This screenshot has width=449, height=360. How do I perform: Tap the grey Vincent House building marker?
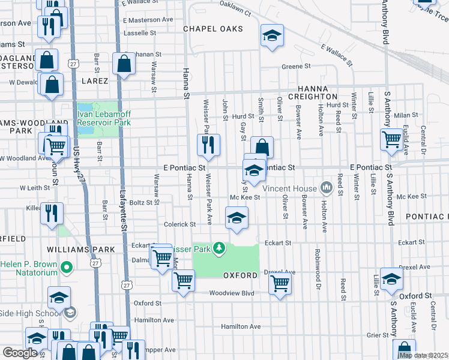tap(327, 188)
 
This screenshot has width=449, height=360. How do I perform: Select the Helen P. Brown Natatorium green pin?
tap(67, 266)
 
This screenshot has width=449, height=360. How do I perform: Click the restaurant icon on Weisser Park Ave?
tap(208, 144)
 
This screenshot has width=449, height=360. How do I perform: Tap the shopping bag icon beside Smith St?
tap(262, 147)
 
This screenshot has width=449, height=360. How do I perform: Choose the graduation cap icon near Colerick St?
tap(237, 217)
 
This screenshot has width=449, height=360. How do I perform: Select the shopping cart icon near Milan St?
tap(391, 139)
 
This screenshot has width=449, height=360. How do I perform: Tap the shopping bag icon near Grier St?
tap(405, 350)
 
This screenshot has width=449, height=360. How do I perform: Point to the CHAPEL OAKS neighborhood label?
tap(213, 29)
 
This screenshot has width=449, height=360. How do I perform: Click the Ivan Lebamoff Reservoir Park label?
tap(104, 118)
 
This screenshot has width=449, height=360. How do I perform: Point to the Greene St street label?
tap(296, 67)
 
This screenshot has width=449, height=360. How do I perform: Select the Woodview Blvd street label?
tap(232, 293)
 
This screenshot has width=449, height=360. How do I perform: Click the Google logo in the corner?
tap(20, 353)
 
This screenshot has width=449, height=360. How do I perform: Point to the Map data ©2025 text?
tap(423, 355)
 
